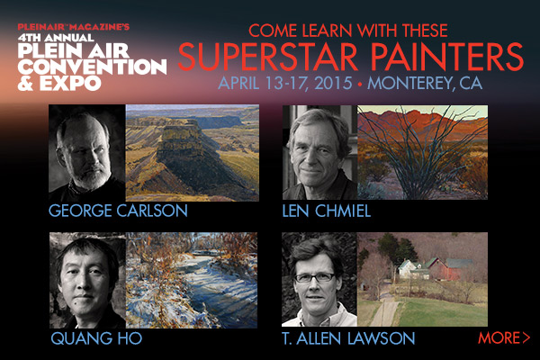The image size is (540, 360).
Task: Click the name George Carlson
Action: tap(118, 211)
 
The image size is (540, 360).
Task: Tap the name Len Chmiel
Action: tap(327, 211)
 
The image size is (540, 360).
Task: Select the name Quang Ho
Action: tap(96, 338)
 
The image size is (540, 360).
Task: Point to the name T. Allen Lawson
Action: tap(348, 338)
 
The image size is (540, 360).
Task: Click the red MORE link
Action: tap(504, 337)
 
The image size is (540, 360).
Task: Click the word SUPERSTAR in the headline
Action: tap(268, 57)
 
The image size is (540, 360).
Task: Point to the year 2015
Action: tap(333, 83)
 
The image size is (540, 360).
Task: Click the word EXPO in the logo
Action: tap(70, 83)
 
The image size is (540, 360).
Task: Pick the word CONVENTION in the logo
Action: tap(93, 67)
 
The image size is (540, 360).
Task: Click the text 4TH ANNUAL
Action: tap(56, 37)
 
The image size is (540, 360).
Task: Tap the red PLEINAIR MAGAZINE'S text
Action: tap(74, 26)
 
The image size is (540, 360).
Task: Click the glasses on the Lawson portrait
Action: tap(314, 277)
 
